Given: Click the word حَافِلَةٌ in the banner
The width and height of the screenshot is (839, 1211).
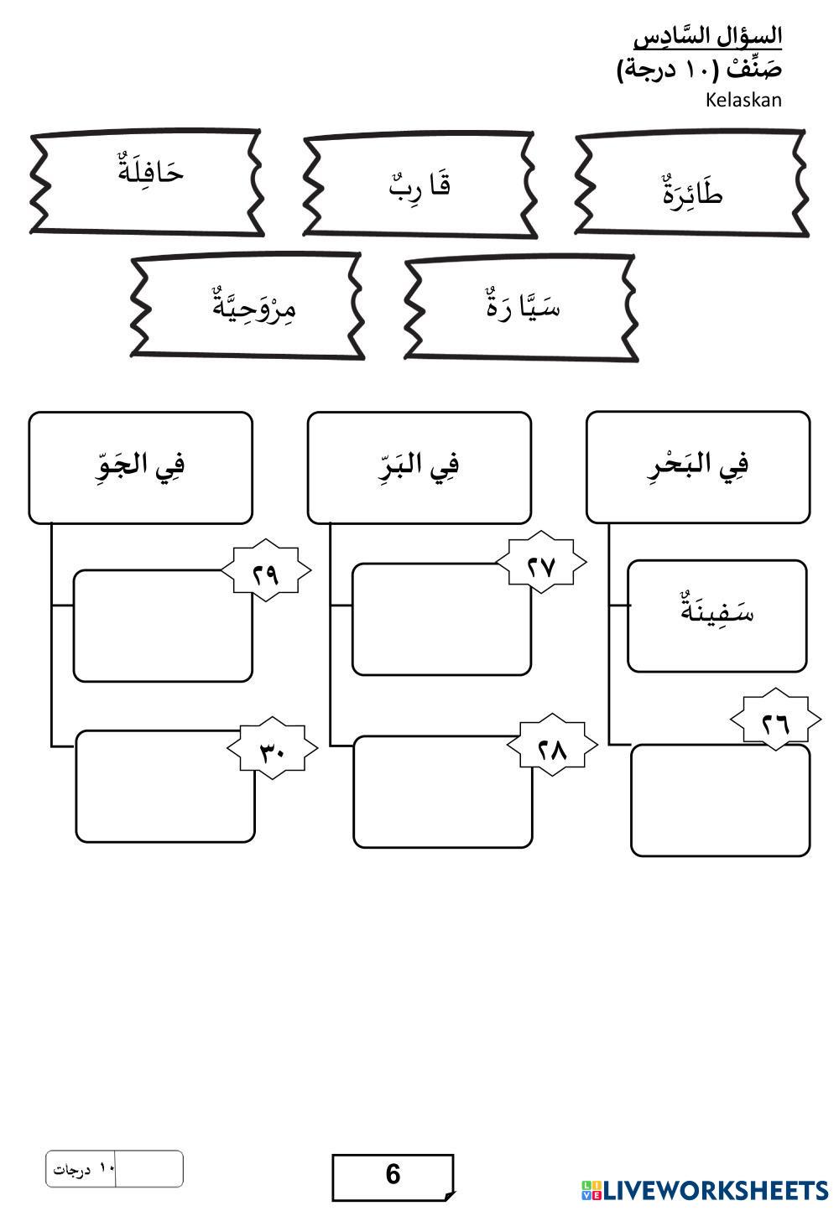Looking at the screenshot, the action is pyautogui.click(x=152, y=172).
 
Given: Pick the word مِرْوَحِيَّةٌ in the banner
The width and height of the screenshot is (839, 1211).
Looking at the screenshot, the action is pyautogui.click(x=254, y=304).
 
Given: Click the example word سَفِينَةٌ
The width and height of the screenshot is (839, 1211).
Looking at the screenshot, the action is pyautogui.click(x=717, y=612).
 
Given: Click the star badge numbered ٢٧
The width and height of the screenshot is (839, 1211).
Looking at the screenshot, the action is pyautogui.click(x=542, y=566).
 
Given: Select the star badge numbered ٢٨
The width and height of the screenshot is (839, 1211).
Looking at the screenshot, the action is pyautogui.click(x=552, y=749).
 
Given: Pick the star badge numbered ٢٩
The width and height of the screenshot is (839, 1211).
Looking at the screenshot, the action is pyautogui.click(x=266, y=574).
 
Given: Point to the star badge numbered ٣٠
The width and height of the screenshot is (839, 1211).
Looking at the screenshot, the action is pyautogui.click(x=273, y=751).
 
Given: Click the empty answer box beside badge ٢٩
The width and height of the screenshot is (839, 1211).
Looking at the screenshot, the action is pyautogui.click(x=159, y=631).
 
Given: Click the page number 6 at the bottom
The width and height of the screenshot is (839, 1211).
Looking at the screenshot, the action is pyautogui.click(x=393, y=1174).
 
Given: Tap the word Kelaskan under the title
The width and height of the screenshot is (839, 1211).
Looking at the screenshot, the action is pyautogui.click(x=743, y=101).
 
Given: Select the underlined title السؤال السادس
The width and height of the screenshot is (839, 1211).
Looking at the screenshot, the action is pyautogui.click(x=708, y=37).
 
